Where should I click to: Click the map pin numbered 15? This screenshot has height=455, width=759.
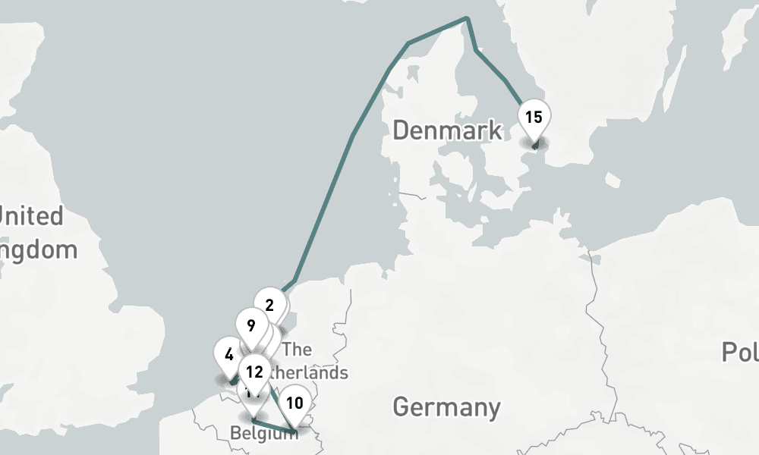point(534,118)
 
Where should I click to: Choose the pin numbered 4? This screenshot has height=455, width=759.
point(229,353)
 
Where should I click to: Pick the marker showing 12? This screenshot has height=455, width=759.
point(255,372)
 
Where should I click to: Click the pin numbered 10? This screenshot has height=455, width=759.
point(295,403)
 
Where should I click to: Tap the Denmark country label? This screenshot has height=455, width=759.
point(447,130)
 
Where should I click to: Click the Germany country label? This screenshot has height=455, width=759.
point(446,407)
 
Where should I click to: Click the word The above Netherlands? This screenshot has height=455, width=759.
point(297,350)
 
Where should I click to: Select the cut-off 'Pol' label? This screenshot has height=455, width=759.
point(739,353)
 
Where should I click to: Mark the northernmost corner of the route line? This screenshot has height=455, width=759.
point(466,18)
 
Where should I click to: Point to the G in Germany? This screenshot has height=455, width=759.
point(402,407)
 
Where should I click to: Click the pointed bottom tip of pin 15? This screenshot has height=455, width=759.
point(534,146)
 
